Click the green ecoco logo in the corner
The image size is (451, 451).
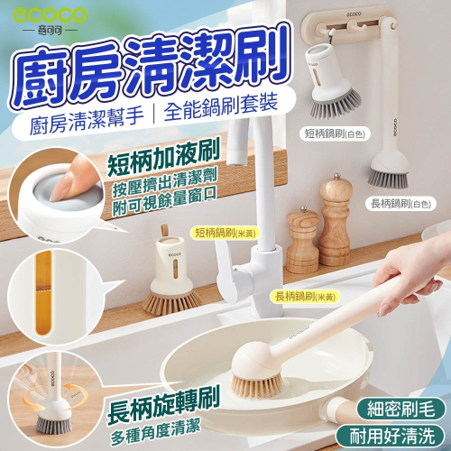click(x=50, y=15)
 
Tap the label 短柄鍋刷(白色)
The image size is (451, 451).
click(x=335, y=133)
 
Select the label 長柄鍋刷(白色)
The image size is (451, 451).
click(x=400, y=204)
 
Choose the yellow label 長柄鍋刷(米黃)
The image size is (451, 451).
click(x=305, y=297)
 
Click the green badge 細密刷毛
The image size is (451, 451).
click(x=400, y=409)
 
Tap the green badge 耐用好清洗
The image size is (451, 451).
click(x=391, y=436)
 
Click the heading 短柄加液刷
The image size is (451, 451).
click(x=163, y=159)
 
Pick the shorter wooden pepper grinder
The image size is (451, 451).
click(x=302, y=240)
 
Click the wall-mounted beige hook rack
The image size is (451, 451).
click(x=349, y=24)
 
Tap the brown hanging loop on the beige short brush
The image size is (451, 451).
click(x=164, y=232)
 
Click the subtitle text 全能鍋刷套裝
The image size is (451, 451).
click(x=221, y=106)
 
